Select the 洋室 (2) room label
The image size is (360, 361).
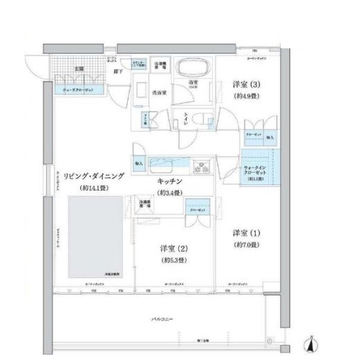[x=171, y=248]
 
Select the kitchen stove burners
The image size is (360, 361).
[x=202, y=166]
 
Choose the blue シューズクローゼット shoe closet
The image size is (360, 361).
[x=77, y=89]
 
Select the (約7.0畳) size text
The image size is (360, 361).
[x=245, y=245]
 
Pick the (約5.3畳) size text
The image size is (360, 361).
[x=171, y=260]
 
